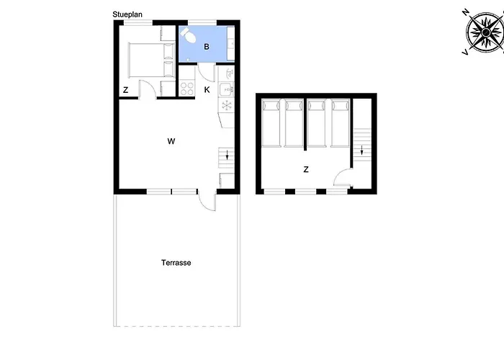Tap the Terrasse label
click(176, 263)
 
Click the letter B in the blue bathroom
click(207, 47)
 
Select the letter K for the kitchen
click(207, 89)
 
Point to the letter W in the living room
click(171, 141)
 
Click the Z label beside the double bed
click(125, 90)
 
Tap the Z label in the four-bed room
click(306, 170)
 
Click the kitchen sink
click(226, 89)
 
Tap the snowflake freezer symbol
click(226, 106)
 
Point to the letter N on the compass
click(466, 12)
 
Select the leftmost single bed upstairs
click(271, 122)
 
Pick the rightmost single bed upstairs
click(339, 122)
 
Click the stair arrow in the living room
click(228, 155)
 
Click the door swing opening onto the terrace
click(207, 202)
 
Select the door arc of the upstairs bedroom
click(343, 179)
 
